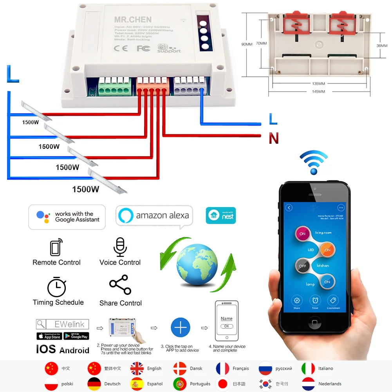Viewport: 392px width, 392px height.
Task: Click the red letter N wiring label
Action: point(273,138)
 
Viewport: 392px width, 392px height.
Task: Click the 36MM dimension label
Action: point(381,45)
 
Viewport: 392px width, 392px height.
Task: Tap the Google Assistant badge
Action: point(67,217)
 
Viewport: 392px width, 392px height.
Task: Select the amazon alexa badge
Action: point(154,215)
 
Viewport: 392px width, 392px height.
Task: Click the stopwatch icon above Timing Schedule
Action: point(57,287)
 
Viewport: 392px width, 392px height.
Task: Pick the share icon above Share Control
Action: point(120,285)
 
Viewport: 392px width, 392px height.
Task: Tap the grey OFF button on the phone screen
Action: point(302,266)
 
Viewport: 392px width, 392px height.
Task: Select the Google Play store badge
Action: point(76,336)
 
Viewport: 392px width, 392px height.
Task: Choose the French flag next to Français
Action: point(222,369)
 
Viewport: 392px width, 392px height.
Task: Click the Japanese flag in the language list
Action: point(222,384)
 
